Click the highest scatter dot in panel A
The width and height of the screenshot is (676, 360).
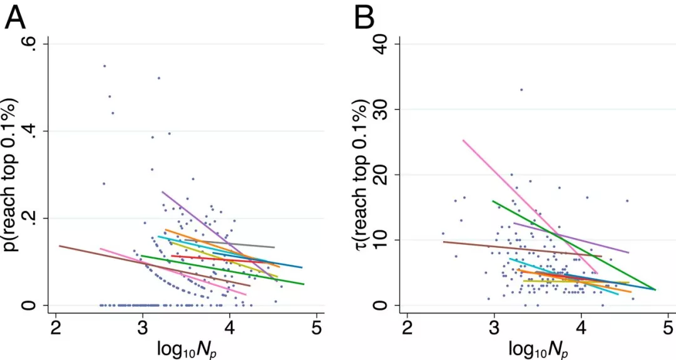click(x=105, y=66)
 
